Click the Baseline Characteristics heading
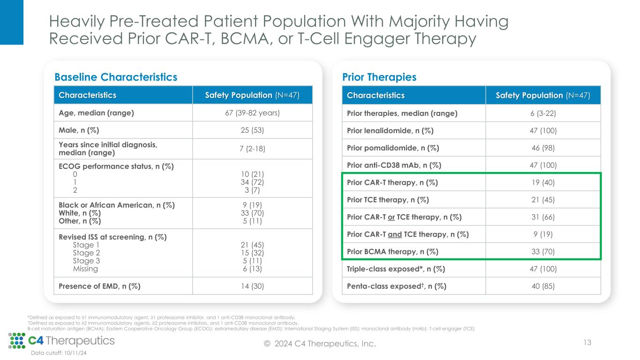pos(116,77)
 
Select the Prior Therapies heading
pos(379,77)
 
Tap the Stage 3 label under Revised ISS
pos(86,261)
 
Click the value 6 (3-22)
pos(542,113)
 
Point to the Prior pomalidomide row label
pos(393,148)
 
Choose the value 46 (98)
pos(542,148)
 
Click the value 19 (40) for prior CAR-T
pos(542,182)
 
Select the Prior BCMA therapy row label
pos(392,252)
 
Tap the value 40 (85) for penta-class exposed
pos(542,286)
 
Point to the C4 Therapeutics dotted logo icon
pos(17,341)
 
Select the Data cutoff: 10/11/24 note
pos(59,353)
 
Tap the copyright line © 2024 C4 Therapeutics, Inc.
pos(320,344)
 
